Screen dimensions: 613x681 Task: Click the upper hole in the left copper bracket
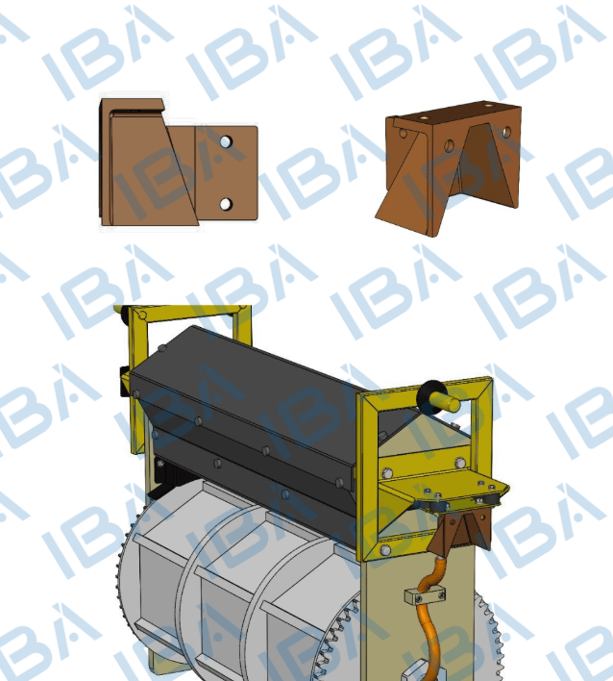226,141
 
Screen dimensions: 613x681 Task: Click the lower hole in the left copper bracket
226,204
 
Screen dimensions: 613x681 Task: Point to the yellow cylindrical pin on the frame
446,402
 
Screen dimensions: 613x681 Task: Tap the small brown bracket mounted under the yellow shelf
461,533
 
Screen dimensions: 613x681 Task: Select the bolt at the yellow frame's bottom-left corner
384,550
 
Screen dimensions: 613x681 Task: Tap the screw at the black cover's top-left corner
162,348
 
